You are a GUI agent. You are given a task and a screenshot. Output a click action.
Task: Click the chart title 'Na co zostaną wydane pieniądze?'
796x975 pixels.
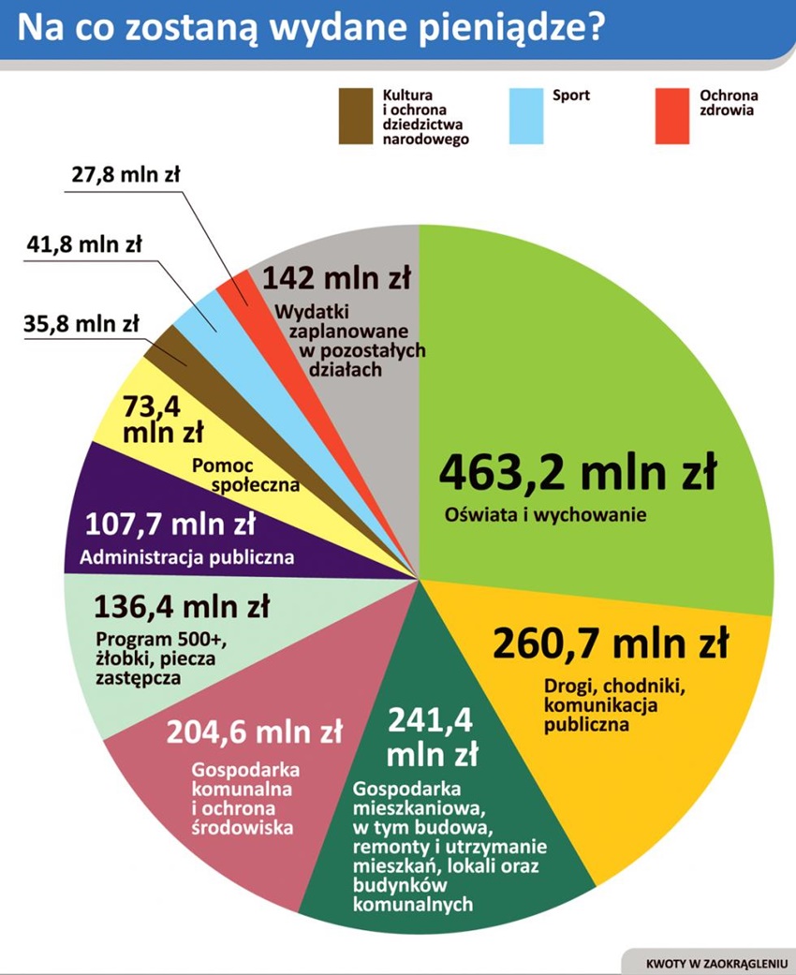[309, 28]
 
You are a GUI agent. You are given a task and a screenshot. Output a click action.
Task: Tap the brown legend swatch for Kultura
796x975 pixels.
[355, 116]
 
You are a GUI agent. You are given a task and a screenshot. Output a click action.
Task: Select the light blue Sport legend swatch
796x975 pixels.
[525, 116]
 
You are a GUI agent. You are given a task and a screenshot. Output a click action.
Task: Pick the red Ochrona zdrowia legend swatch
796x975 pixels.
[671, 116]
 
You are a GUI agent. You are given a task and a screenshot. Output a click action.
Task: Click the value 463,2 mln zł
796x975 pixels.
[578, 473]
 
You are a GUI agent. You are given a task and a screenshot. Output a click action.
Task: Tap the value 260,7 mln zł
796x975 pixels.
[610, 643]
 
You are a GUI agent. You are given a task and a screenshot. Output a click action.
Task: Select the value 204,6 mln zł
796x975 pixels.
[255, 730]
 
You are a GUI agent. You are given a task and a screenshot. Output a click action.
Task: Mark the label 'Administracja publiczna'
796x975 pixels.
[187, 557]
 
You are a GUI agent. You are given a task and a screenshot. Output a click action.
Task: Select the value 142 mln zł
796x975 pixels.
[337, 278]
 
